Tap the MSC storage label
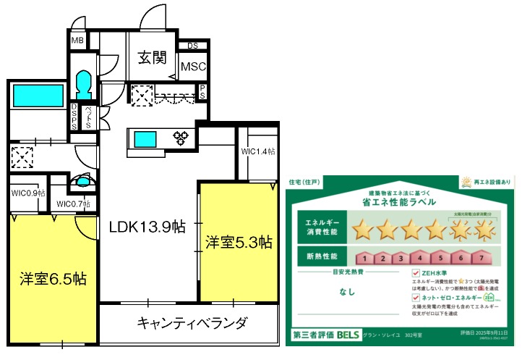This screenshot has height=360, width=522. [193, 67]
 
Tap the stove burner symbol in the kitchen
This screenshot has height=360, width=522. [179, 137]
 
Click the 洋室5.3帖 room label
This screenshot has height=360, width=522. [238, 241]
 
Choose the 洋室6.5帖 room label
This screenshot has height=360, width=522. [53, 278]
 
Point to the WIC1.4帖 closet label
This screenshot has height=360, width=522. [258, 151]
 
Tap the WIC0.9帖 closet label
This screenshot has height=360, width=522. [28, 193]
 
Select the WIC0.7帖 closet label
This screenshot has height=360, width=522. [74, 204]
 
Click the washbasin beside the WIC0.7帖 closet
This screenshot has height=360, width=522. [84, 182]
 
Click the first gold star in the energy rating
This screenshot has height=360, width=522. [363, 230]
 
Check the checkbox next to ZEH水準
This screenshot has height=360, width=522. [415, 274]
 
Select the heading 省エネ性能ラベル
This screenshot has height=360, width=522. [399, 203]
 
